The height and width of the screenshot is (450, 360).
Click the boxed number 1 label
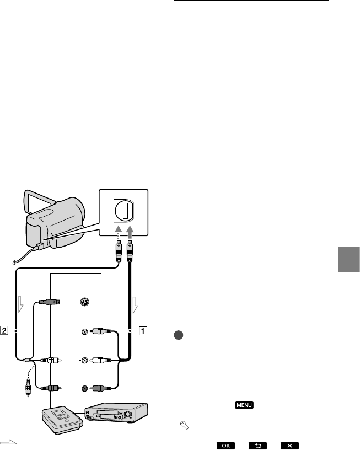tap(142, 331)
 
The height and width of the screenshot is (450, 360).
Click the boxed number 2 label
tap(5, 331)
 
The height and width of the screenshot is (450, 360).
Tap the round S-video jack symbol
tap(84, 302)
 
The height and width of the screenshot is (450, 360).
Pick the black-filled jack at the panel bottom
tap(84, 388)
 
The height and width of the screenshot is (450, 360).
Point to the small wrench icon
tap(179, 425)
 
